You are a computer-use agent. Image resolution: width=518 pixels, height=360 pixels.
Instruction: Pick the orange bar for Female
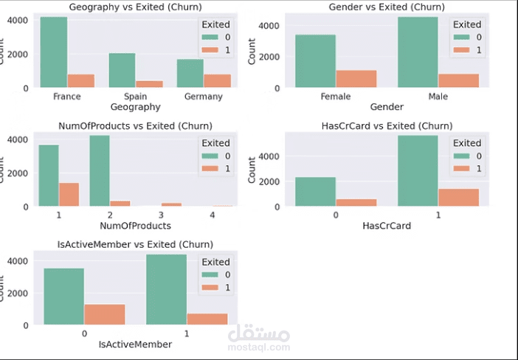356,79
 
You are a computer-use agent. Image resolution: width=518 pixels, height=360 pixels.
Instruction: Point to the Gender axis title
387,108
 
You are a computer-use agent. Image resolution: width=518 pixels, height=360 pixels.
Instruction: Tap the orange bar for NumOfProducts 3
171,204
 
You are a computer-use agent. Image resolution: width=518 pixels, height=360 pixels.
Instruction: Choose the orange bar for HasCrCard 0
356,202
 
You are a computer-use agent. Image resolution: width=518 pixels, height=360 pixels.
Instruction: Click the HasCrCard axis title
387,226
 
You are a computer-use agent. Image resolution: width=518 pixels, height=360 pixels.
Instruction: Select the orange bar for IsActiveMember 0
105,314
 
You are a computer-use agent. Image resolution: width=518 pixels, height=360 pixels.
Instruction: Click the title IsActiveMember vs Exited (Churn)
135,244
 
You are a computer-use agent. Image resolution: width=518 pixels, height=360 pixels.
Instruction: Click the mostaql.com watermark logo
264,339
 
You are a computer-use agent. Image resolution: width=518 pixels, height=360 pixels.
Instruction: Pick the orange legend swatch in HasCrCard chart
461,169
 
